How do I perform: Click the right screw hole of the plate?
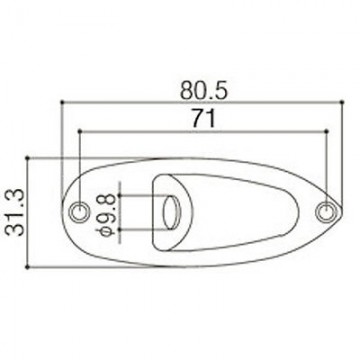click(327, 210)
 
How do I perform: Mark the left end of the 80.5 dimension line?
click(62, 102)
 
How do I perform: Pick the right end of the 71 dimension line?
click(327, 130)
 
